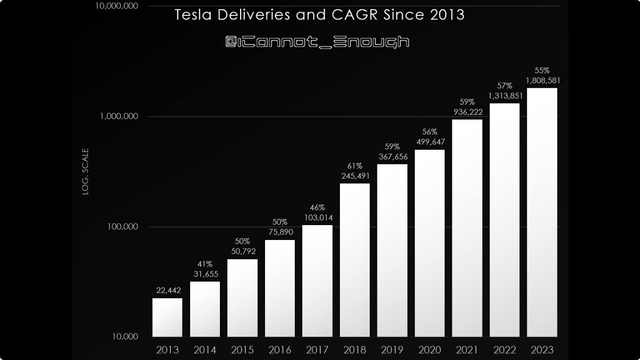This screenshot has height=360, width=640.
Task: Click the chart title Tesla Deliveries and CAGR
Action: click(319, 15)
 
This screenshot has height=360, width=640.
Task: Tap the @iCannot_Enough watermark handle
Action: click(317, 42)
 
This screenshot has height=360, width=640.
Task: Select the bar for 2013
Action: click(168, 317)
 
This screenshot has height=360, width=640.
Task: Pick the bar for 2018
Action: click(355, 260)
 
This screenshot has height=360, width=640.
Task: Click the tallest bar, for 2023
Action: click(542, 212)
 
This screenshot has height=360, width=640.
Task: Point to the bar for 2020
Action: click(430, 243)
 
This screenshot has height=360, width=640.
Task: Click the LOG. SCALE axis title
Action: click(85, 171)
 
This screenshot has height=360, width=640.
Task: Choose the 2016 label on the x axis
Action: click(279, 350)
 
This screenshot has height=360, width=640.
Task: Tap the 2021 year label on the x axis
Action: click(467, 350)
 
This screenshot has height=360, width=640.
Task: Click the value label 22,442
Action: click(168, 290)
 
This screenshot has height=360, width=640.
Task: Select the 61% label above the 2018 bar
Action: click(355, 166)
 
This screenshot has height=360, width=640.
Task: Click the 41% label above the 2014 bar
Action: click(205, 264)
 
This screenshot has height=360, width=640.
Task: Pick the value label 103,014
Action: click(317, 217)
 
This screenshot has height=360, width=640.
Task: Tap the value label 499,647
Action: click(430, 142)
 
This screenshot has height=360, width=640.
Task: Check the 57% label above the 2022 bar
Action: click(505, 86)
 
